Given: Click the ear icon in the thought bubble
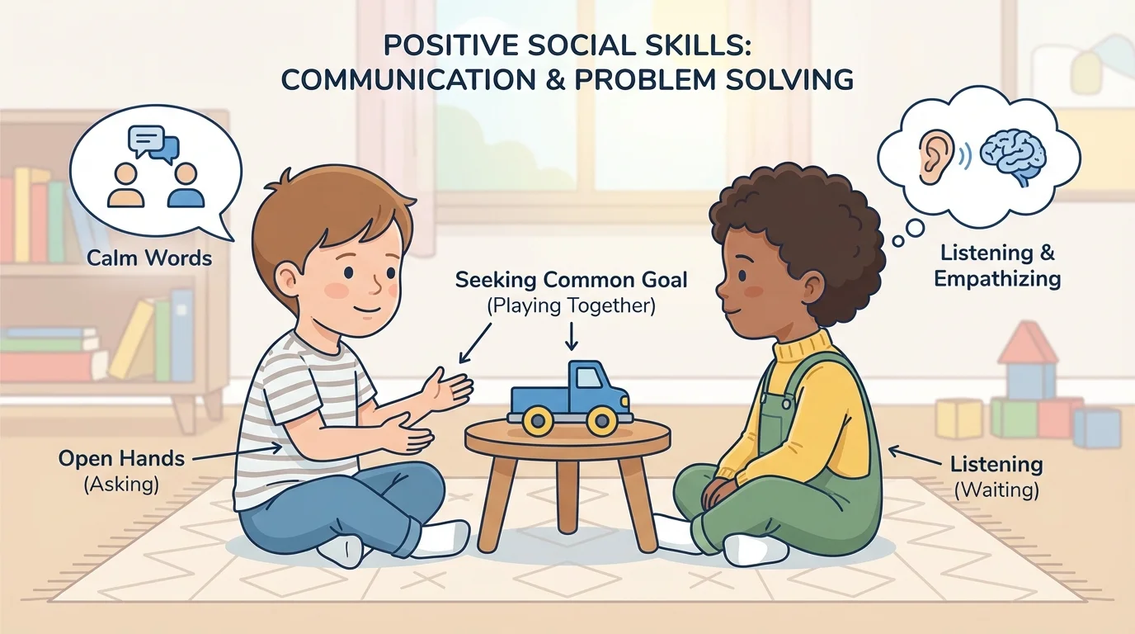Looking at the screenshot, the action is (x=933, y=156).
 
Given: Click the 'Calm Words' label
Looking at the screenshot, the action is (x=149, y=258).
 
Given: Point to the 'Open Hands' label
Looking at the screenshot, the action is (x=121, y=459).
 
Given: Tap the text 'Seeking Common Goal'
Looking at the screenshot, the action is (x=571, y=281).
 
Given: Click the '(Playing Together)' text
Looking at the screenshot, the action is (x=571, y=306).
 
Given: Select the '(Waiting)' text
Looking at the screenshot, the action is (x=996, y=490).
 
